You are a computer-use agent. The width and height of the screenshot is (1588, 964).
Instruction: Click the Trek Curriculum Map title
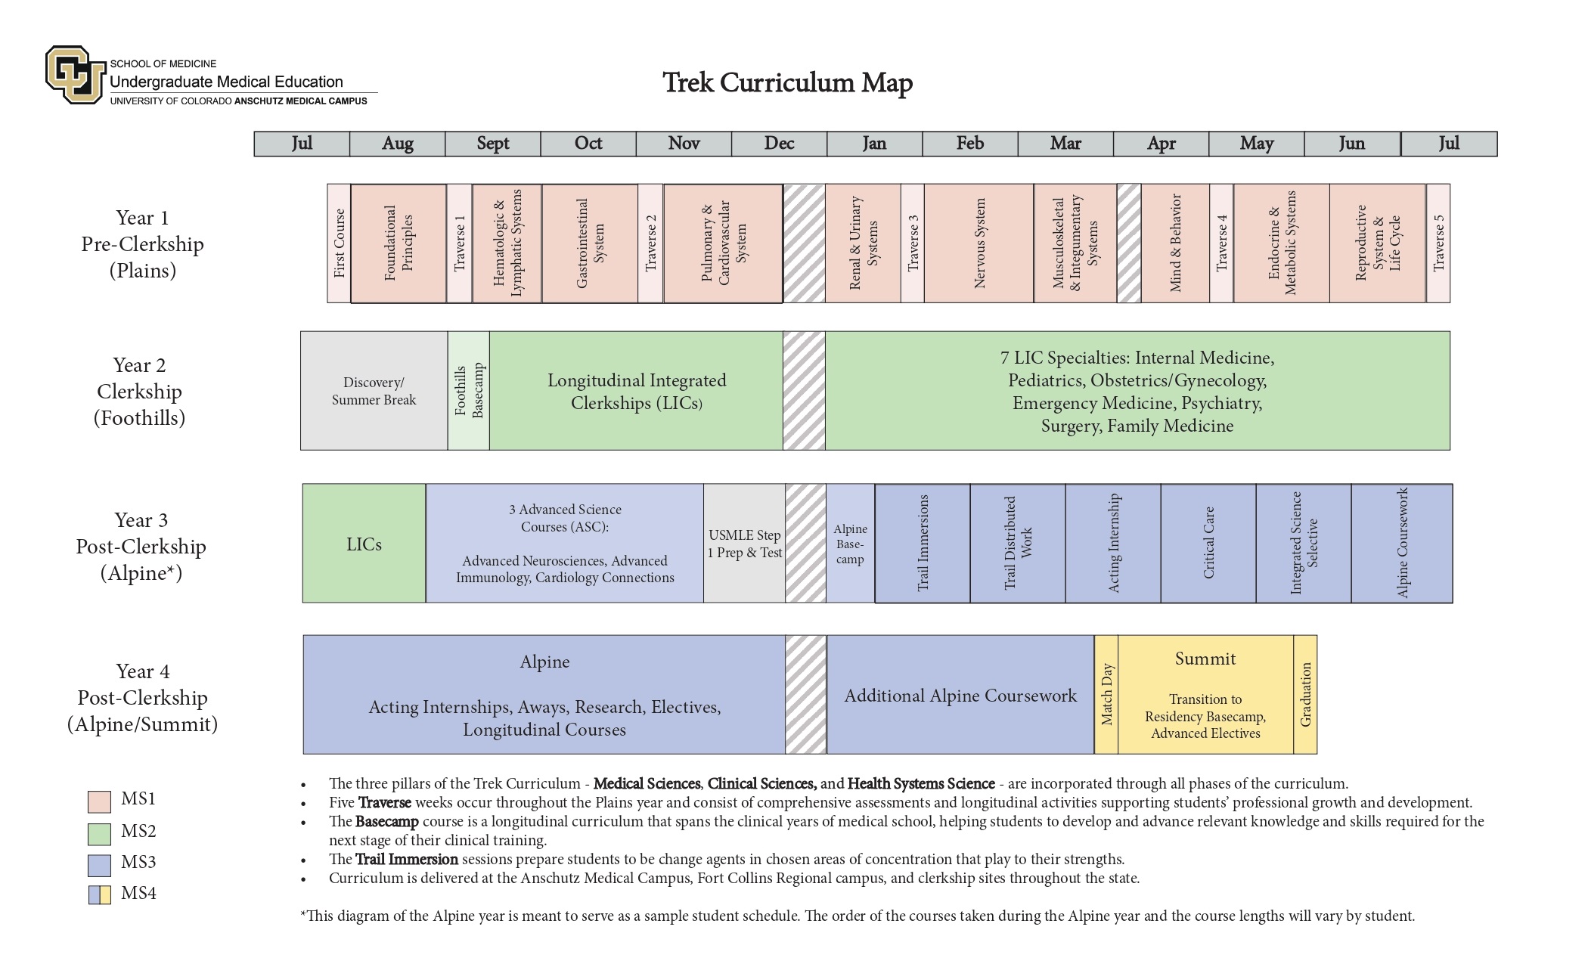(787, 82)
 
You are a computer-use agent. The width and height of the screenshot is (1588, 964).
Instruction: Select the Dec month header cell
(779, 144)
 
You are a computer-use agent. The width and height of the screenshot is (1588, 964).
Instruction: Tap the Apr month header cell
(1161, 144)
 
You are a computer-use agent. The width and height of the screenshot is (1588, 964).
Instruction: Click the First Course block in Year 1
(339, 243)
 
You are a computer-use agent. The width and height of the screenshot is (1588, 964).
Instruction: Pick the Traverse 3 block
(912, 243)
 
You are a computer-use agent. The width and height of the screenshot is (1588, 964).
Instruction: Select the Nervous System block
(979, 243)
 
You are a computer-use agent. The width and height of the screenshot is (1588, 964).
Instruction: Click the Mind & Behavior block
(1175, 243)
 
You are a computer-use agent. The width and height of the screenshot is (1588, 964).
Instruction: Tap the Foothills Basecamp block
(468, 391)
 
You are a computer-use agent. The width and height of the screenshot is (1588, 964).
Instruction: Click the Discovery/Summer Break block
(374, 391)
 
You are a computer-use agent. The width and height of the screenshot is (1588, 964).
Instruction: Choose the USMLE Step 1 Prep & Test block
(744, 544)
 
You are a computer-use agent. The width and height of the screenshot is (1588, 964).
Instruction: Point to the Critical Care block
(1208, 544)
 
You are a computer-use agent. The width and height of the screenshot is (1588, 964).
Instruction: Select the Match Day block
(1106, 695)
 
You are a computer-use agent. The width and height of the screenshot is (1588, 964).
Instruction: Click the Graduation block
(1305, 695)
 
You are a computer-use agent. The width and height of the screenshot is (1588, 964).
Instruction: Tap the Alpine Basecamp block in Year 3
(850, 544)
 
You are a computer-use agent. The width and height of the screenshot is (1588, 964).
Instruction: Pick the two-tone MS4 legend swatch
(99, 894)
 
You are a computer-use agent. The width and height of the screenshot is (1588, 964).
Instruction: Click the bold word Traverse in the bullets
(384, 803)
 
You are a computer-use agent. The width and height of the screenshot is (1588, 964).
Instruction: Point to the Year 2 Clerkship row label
(140, 392)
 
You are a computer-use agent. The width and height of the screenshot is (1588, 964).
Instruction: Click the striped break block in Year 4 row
(805, 695)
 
